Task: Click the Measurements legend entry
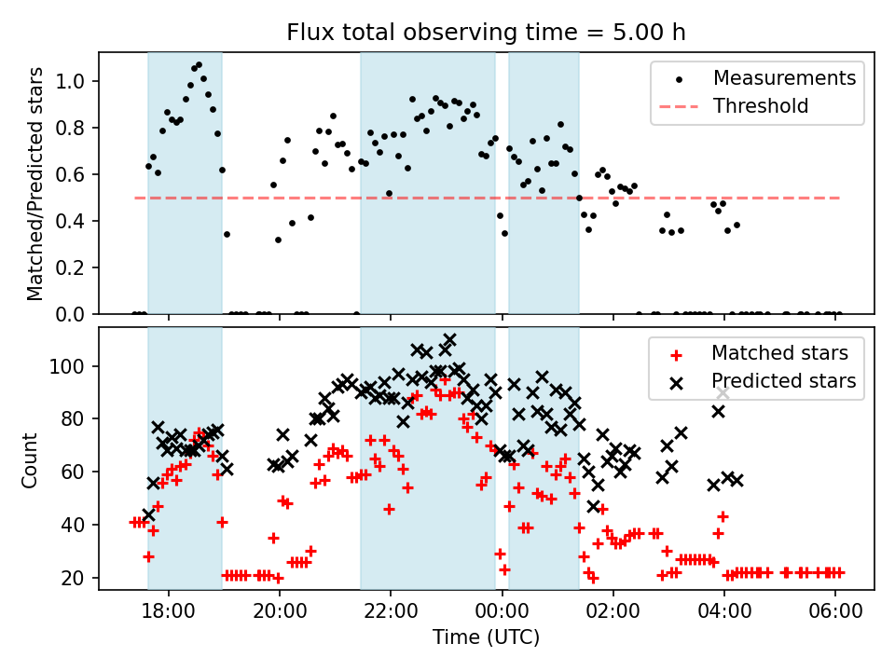pos(784,78)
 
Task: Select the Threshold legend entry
pos(760,106)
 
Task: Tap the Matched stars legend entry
pos(779,353)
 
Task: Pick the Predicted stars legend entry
pos(783,381)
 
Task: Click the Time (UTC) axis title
pos(486,637)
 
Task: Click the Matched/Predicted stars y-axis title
pos(35,184)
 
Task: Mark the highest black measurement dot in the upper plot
pos(199,65)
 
